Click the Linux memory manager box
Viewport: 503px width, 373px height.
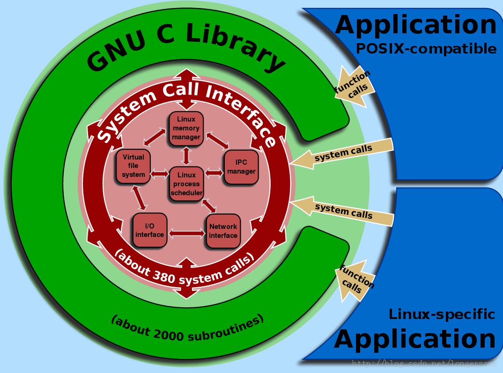(186, 128)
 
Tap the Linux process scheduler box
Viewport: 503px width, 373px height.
(186, 184)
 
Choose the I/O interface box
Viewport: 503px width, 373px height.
(150, 230)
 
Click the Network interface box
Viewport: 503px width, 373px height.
(223, 230)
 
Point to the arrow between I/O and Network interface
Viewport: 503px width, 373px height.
(187, 232)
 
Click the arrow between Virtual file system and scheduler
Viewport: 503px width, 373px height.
(159, 174)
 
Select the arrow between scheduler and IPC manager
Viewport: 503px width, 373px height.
(214, 173)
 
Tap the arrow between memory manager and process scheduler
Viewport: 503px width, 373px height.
(186, 155)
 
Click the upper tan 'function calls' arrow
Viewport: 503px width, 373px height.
(354, 85)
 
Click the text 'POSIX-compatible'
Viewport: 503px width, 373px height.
(426, 48)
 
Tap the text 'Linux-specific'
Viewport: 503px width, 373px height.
(442, 314)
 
